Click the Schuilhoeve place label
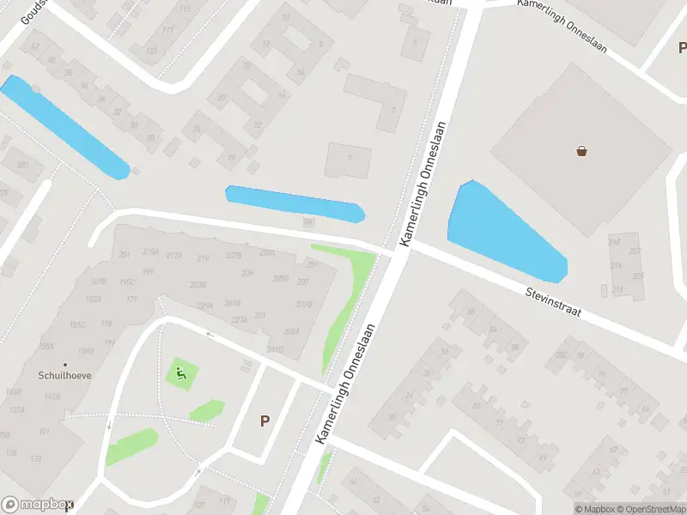[64, 375]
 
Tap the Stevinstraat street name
[554, 303]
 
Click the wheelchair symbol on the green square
[181, 373]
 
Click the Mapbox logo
[36, 505]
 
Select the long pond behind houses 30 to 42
[64, 127]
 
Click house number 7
[393, 109]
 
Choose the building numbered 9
[349, 157]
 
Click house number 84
[492, 328]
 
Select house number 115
[185, 9]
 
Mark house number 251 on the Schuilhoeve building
[125, 254]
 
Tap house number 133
[36, 458]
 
